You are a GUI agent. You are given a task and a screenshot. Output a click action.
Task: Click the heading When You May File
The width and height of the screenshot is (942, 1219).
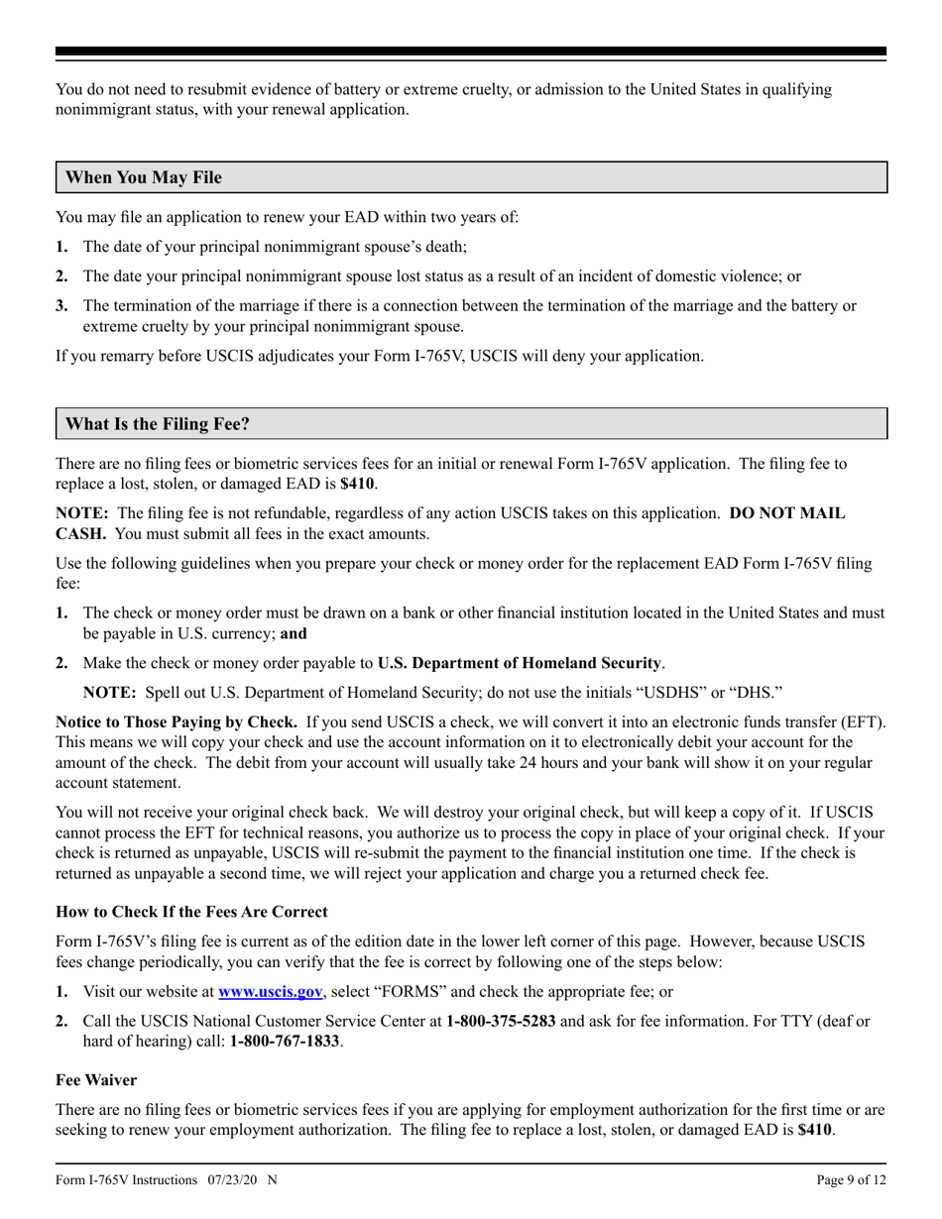pyautogui.click(x=144, y=177)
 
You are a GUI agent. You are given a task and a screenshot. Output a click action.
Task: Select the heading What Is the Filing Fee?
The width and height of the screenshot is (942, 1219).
pyautogui.click(x=158, y=423)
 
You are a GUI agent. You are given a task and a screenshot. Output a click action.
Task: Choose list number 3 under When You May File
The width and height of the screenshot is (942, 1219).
pyautogui.click(x=61, y=305)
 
